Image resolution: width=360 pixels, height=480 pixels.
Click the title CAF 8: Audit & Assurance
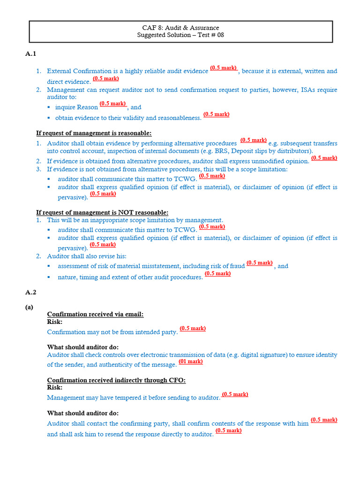click(x=180, y=28)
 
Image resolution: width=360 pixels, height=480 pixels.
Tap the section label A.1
click(x=30, y=54)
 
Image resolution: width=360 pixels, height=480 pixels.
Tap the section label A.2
click(x=30, y=292)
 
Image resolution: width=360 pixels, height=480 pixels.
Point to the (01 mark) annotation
click(x=191, y=361)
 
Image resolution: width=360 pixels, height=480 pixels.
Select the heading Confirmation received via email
click(x=95, y=314)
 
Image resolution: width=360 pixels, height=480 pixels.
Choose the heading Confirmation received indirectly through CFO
click(x=116, y=380)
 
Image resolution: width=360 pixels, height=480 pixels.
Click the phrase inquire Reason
click(x=76, y=107)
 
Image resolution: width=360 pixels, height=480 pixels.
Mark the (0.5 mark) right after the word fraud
click(x=259, y=263)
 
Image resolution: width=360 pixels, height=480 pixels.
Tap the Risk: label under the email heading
click(x=55, y=322)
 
